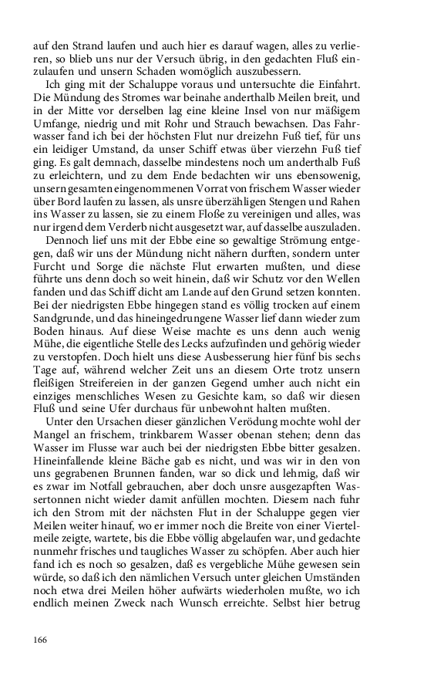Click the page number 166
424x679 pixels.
pos(42,640)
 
